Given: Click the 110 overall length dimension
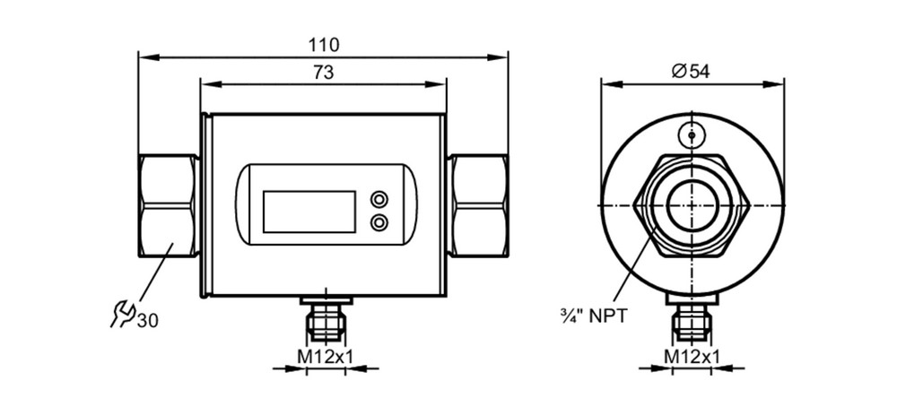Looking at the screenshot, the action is tap(324, 45).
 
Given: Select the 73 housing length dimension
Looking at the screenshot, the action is tap(324, 73).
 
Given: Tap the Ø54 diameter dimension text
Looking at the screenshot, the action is tap(691, 72).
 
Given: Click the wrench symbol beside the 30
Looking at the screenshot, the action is tap(123, 315).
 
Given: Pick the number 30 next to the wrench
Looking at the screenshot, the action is tap(148, 321).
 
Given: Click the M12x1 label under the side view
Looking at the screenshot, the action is tap(325, 357).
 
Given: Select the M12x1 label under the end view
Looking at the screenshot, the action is tap(691, 357).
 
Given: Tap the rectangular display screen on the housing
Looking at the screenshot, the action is tap(309, 212).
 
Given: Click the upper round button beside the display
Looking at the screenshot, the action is tap(379, 199).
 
